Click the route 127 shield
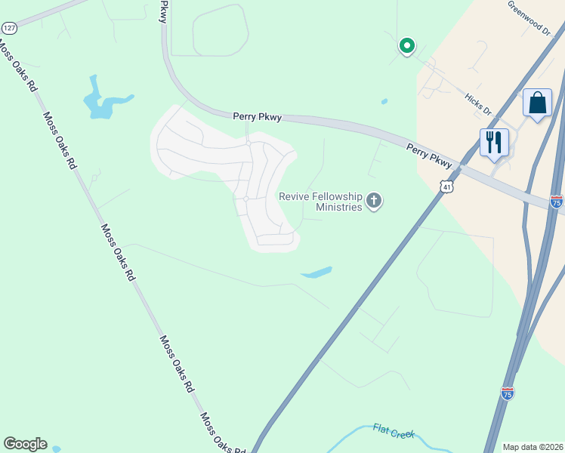pos(9,28)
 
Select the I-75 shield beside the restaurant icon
pos(556,202)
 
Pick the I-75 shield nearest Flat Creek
pos(508,393)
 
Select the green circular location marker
pos(406,47)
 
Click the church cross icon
pos(373,201)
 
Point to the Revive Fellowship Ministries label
pos(320,201)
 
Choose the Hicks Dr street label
pos(478,105)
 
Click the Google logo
pos(25,444)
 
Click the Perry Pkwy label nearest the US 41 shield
pos(429,155)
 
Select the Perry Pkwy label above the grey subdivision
pos(257,116)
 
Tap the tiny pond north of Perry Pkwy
pos(384,101)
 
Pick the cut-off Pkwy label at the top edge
pos(162,11)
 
